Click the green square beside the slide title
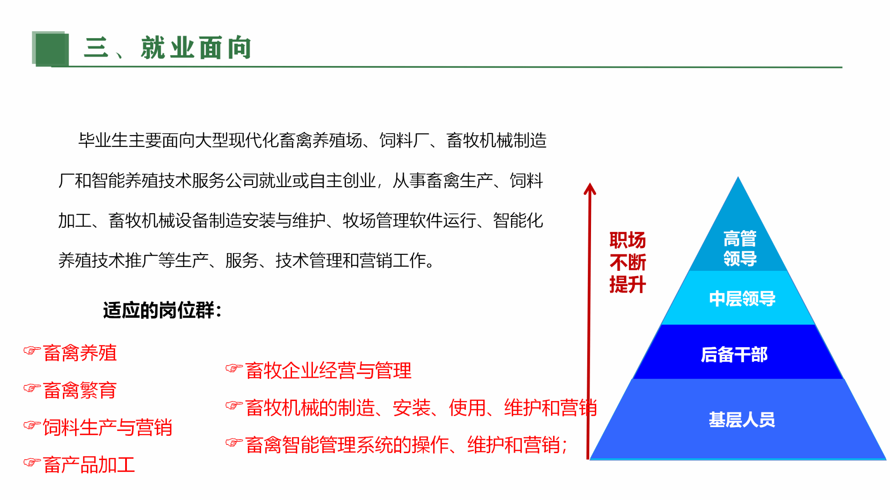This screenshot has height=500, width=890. pyautogui.click(x=50, y=49)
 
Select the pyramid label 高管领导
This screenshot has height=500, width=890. pyautogui.click(x=740, y=248)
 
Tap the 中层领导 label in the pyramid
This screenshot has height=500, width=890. pyautogui.click(x=742, y=299)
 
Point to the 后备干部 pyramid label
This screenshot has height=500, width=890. pyautogui.click(x=734, y=355)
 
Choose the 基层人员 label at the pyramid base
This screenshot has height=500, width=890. pyautogui.click(x=742, y=420)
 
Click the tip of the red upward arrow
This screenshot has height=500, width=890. pyautogui.click(x=590, y=183)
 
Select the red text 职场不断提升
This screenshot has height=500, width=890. pyautogui.click(x=628, y=263)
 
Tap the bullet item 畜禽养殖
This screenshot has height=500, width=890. pyautogui.click(x=80, y=353)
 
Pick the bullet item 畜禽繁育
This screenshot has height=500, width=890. pyautogui.click(x=80, y=390)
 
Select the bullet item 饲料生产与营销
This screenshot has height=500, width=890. pyautogui.click(x=108, y=428)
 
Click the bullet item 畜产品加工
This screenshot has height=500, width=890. pyautogui.click(x=89, y=465)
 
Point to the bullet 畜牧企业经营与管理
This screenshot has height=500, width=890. pyautogui.click(x=328, y=371)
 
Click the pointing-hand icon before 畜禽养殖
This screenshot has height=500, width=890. pyautogui.click(x=32, y=350)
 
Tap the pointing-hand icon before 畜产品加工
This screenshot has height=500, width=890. pyautogui.click(x=32, y=462)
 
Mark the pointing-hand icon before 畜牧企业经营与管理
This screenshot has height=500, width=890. pyautogui.click(x=234, y=368)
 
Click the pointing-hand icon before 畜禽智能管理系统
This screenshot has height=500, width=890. pyautogui.click(x=234, y=442)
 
